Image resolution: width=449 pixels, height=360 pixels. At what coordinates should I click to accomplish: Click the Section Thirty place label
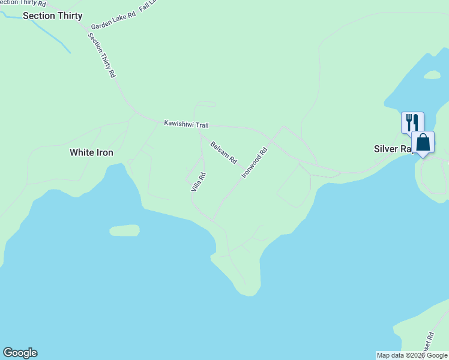[52, 16]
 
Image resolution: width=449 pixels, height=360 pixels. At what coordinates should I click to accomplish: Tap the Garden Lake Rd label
[113, 22]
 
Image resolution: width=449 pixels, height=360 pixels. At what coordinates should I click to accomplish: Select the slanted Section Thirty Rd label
[101, 55]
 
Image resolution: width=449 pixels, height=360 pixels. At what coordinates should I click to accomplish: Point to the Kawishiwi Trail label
[186, 124]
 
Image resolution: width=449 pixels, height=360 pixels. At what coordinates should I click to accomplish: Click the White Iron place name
[91, 152]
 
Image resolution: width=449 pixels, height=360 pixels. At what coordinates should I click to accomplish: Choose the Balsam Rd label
[224, 153]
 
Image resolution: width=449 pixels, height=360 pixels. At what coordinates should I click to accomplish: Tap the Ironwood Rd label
[254, 163]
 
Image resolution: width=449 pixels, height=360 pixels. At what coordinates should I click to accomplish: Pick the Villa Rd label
[199, 182]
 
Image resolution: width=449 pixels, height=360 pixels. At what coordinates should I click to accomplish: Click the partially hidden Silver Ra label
[391, 149]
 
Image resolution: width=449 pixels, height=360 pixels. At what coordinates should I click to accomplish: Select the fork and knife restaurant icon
[412, 122]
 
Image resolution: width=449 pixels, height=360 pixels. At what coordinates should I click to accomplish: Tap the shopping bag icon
[423, 142]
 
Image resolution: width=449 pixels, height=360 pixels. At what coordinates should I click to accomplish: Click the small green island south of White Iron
[125, 230]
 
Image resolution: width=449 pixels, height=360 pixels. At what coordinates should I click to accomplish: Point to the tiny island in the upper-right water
[432, 75]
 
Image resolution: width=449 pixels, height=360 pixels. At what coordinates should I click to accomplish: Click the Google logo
[20, 353]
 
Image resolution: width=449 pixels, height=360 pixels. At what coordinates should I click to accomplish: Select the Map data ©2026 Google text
[412, 355]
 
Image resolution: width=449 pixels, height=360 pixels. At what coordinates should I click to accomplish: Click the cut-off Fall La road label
[148, 7]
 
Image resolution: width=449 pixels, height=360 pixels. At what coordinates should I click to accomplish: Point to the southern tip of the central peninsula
[247, 293]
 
